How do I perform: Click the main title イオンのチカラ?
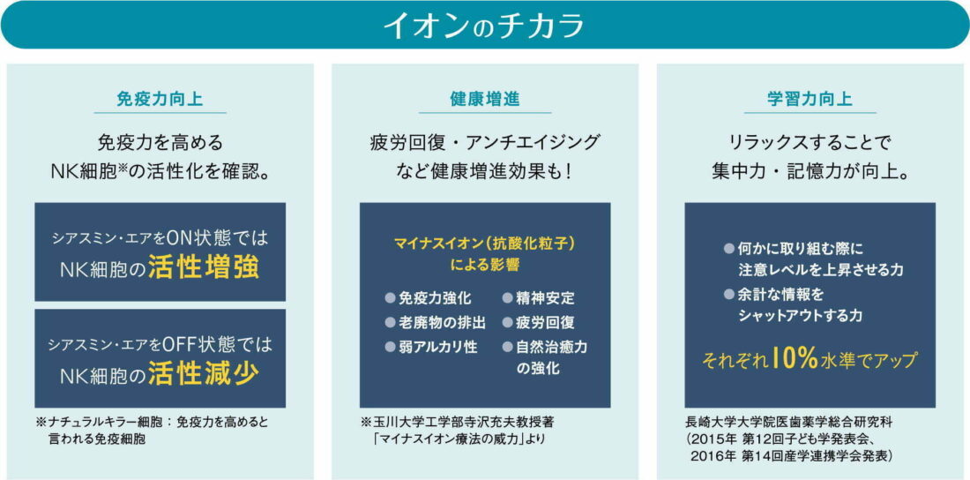pyautogui.click(x=484, y=25)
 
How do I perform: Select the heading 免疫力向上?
pyautogui.click(x=160, y=99)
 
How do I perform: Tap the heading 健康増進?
pyautogui.click(x=484, y=99)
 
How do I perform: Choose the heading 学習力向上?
pyautogui.click(x=810, y=99)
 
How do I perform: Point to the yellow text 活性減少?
pyautogui.click(x=203, y=374)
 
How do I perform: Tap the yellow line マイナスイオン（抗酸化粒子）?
pyautogui.click(x=485, y=242)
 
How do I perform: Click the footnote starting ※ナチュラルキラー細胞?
pyautogui.click(x=153, y=423)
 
